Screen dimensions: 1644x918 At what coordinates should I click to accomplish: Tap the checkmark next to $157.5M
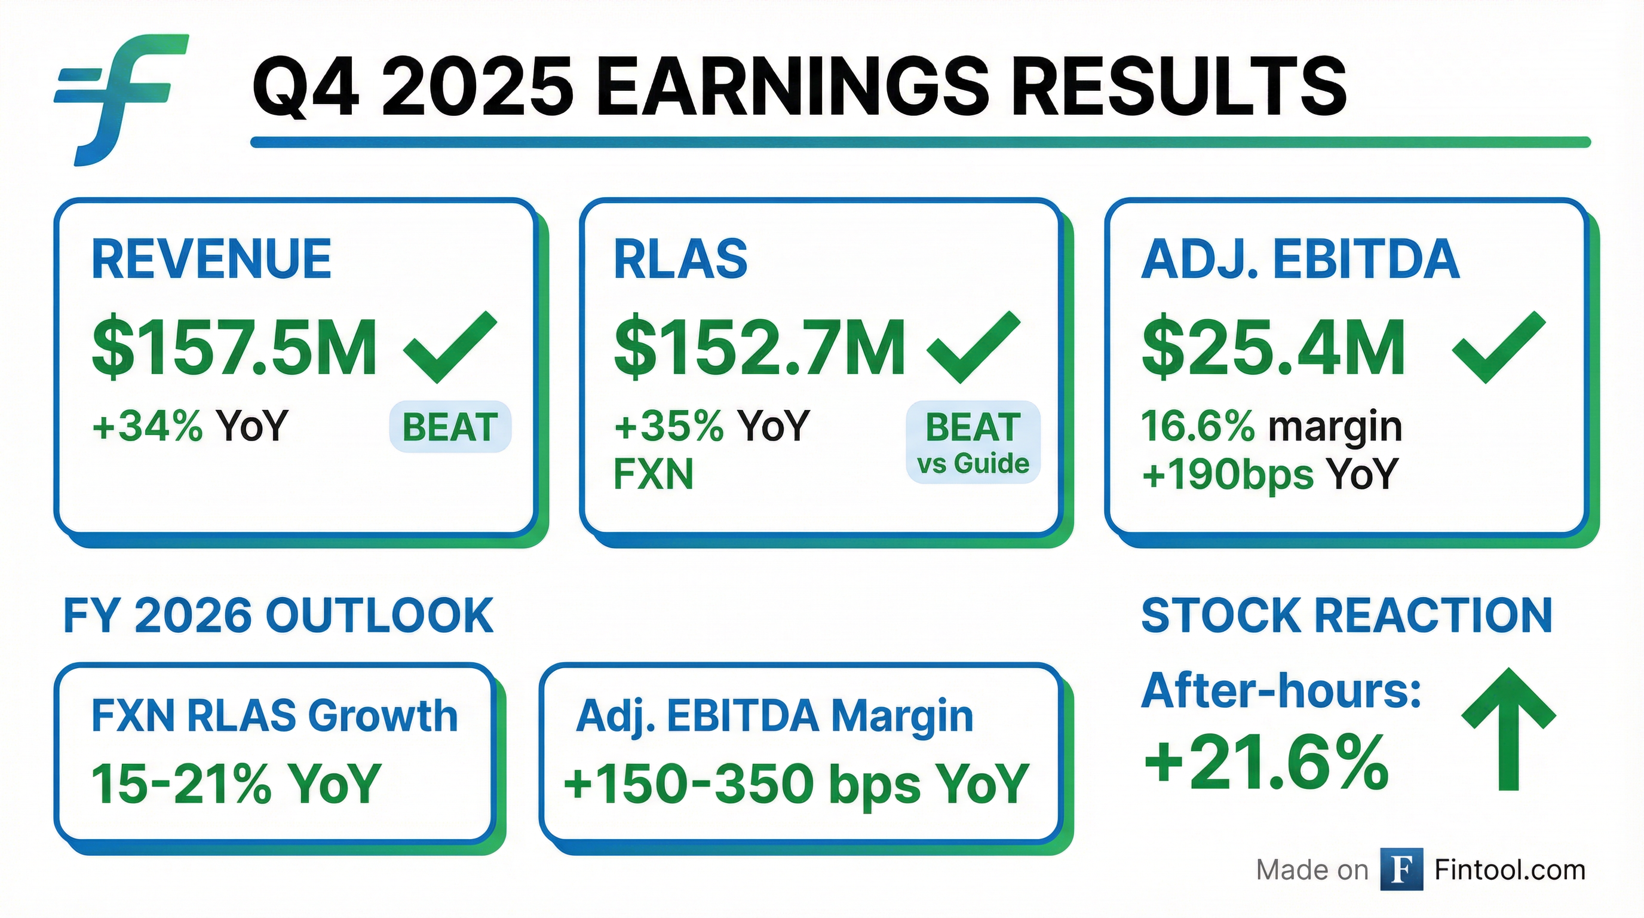click(450, 347)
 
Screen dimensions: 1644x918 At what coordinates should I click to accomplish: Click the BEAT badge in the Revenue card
click(450, 427)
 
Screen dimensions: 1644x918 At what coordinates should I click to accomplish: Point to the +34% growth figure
click(148, 425)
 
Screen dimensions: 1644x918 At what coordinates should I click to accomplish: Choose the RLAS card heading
click(680, 259)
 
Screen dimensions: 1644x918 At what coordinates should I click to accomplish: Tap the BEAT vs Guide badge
click(973, 442)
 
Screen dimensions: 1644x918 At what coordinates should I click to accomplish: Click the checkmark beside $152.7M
click(973, 347)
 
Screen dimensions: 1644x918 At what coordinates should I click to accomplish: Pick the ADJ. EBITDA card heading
click(1300, 260)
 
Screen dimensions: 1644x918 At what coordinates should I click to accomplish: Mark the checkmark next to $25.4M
click(1498, 347)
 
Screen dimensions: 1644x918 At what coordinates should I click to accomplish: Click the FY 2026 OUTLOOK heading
click(278, 616)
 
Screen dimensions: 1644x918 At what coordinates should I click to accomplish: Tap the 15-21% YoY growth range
click(237, 784)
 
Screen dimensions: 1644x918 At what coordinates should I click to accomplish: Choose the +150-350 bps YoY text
click(796, 784)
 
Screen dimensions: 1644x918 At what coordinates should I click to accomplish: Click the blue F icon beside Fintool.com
click(1401, 869)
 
